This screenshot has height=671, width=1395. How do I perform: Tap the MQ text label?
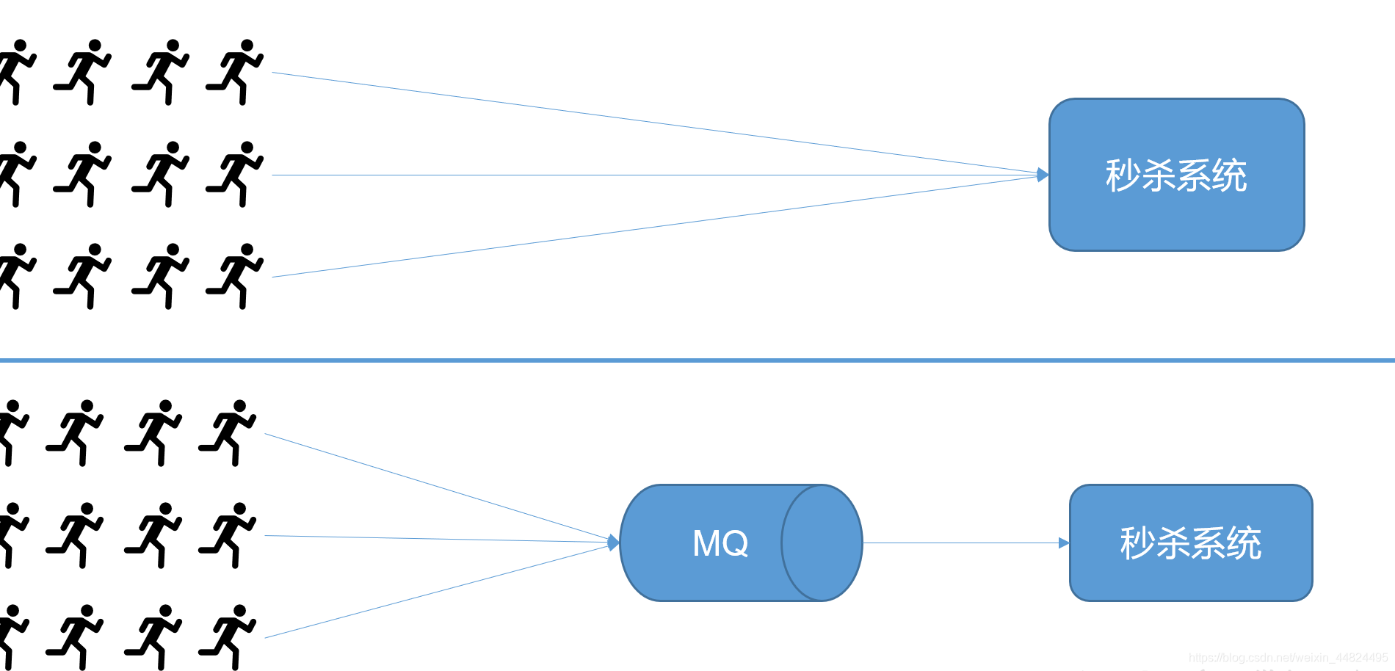point(720,543)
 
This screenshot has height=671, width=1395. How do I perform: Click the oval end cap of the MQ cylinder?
point(822,543)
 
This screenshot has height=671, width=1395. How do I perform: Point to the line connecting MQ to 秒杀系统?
point(962,543)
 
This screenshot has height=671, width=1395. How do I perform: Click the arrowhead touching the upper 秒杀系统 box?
point(1043,175)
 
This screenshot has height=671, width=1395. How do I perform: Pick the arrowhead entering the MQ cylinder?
point(614,543)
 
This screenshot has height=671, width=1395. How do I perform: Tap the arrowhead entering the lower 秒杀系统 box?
point(1064,543)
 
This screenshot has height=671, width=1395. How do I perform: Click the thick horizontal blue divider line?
point(697,360)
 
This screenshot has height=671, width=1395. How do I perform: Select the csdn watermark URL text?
point(1288,658)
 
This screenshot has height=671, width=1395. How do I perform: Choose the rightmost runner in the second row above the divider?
point(235,174)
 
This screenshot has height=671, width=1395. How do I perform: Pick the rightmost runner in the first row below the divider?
point(228,432)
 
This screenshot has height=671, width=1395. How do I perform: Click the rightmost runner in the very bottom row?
point(228,637)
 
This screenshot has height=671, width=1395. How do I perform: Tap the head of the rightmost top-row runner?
point(247,46)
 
